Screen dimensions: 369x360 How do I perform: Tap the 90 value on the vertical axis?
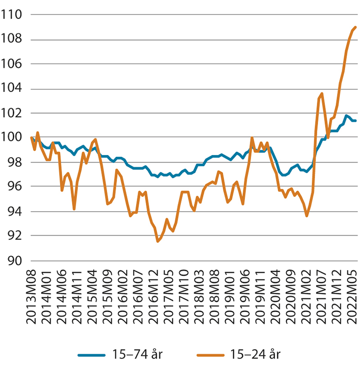click(16, 260)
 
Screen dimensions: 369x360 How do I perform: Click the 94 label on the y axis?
click(16, 211)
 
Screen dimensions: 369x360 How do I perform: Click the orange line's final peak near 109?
click(355, 27)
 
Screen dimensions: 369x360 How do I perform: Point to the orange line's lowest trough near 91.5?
click(158, 241)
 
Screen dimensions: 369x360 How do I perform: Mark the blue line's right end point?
click(355, 121)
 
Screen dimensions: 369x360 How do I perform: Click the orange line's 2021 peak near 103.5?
click(321, 94)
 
